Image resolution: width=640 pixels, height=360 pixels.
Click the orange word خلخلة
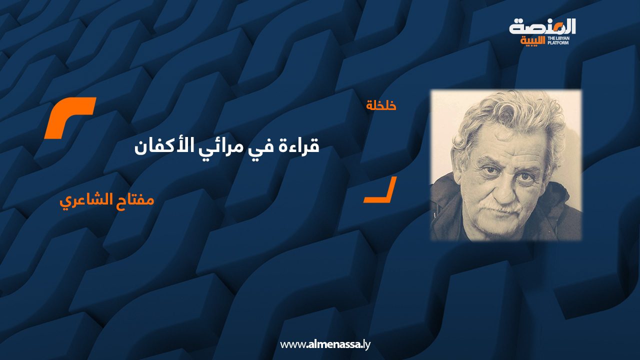click(x=381, y=105)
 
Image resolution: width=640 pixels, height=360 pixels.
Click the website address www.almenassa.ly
click(x=325, y=344)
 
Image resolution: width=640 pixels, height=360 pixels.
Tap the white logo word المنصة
click(x=542, y=27)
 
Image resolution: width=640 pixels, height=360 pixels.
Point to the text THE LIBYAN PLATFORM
click(x=558, y=40)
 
